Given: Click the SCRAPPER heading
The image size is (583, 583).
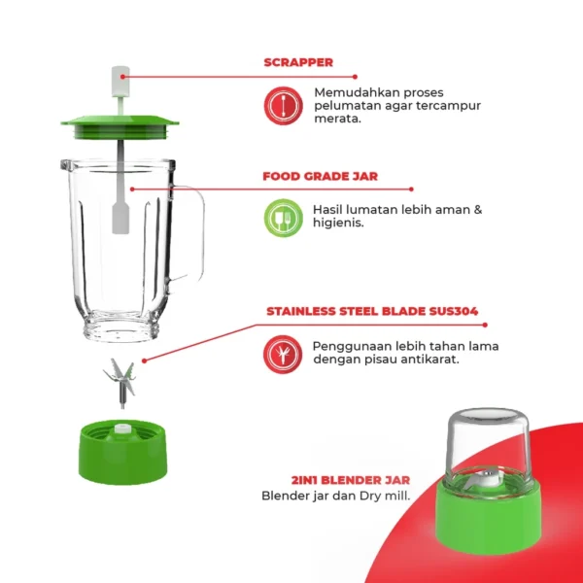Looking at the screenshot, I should (298, 62).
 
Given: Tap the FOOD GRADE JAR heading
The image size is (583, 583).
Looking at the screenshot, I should (320, 177).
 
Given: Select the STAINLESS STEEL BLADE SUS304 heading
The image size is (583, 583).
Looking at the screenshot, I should (371, 313).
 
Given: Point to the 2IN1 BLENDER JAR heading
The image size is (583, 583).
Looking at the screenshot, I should (350, 480).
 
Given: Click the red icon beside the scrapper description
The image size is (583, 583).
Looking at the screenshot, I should (282, 104).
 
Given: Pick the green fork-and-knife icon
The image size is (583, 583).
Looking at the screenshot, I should (283, 218).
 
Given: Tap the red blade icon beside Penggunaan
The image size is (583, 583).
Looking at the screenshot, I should (283, 354).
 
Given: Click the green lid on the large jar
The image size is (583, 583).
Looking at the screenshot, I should (120, 123).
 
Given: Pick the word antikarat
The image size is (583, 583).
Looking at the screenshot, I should (426, 360).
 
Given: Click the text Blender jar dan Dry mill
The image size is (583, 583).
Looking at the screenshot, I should (335, 496).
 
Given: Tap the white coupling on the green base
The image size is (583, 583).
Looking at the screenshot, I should (121, 429).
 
